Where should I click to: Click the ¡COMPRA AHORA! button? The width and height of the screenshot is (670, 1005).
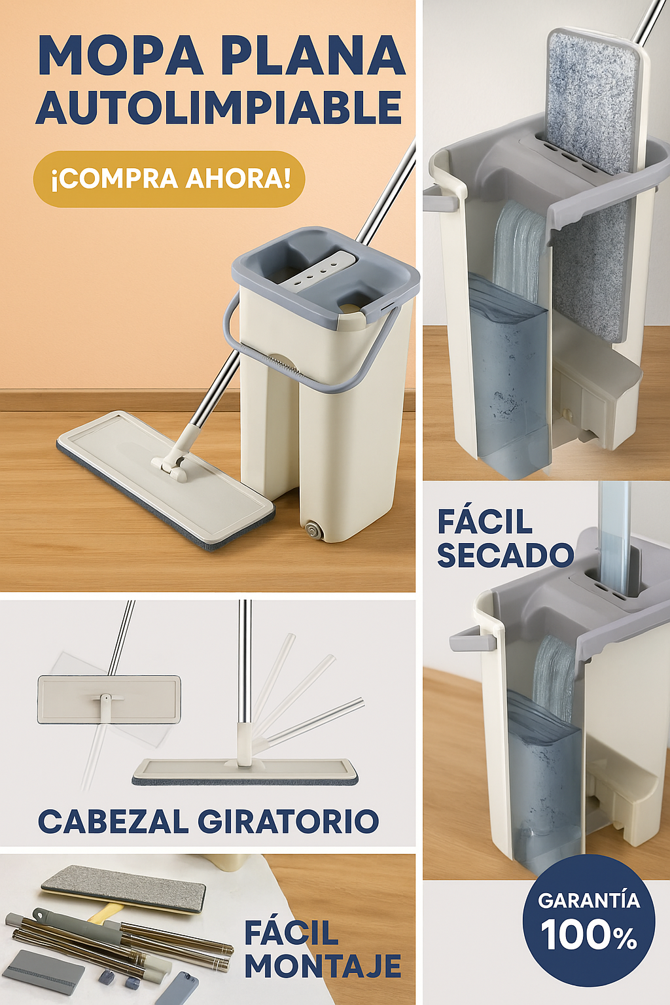pyautogui.click(x=169, y=179)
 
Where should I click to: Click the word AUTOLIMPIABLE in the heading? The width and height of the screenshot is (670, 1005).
pyautogui.click(x=219, y=107)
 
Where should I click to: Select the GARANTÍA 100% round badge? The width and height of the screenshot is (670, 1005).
pyautogui.click(x=588, y=919)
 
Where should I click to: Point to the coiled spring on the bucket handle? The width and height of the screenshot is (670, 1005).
pyautogui.click(x=285, y=364)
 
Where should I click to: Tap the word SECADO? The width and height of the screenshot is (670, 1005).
pyautogui.click(x=505, y=555)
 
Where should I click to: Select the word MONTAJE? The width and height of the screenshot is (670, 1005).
pyautogui.click(x=323, y=966)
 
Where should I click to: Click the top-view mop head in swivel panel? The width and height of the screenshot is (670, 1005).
pyautogui.click(x=109, y=699)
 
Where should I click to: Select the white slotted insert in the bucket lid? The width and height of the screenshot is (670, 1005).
pyautogui.click(x=321, y=270)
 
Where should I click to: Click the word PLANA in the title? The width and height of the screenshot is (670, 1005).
pyautogui.click(x=313, y=56)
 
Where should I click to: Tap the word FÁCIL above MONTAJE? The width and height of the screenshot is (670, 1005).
pyautogui.click(x=291, y=932)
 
